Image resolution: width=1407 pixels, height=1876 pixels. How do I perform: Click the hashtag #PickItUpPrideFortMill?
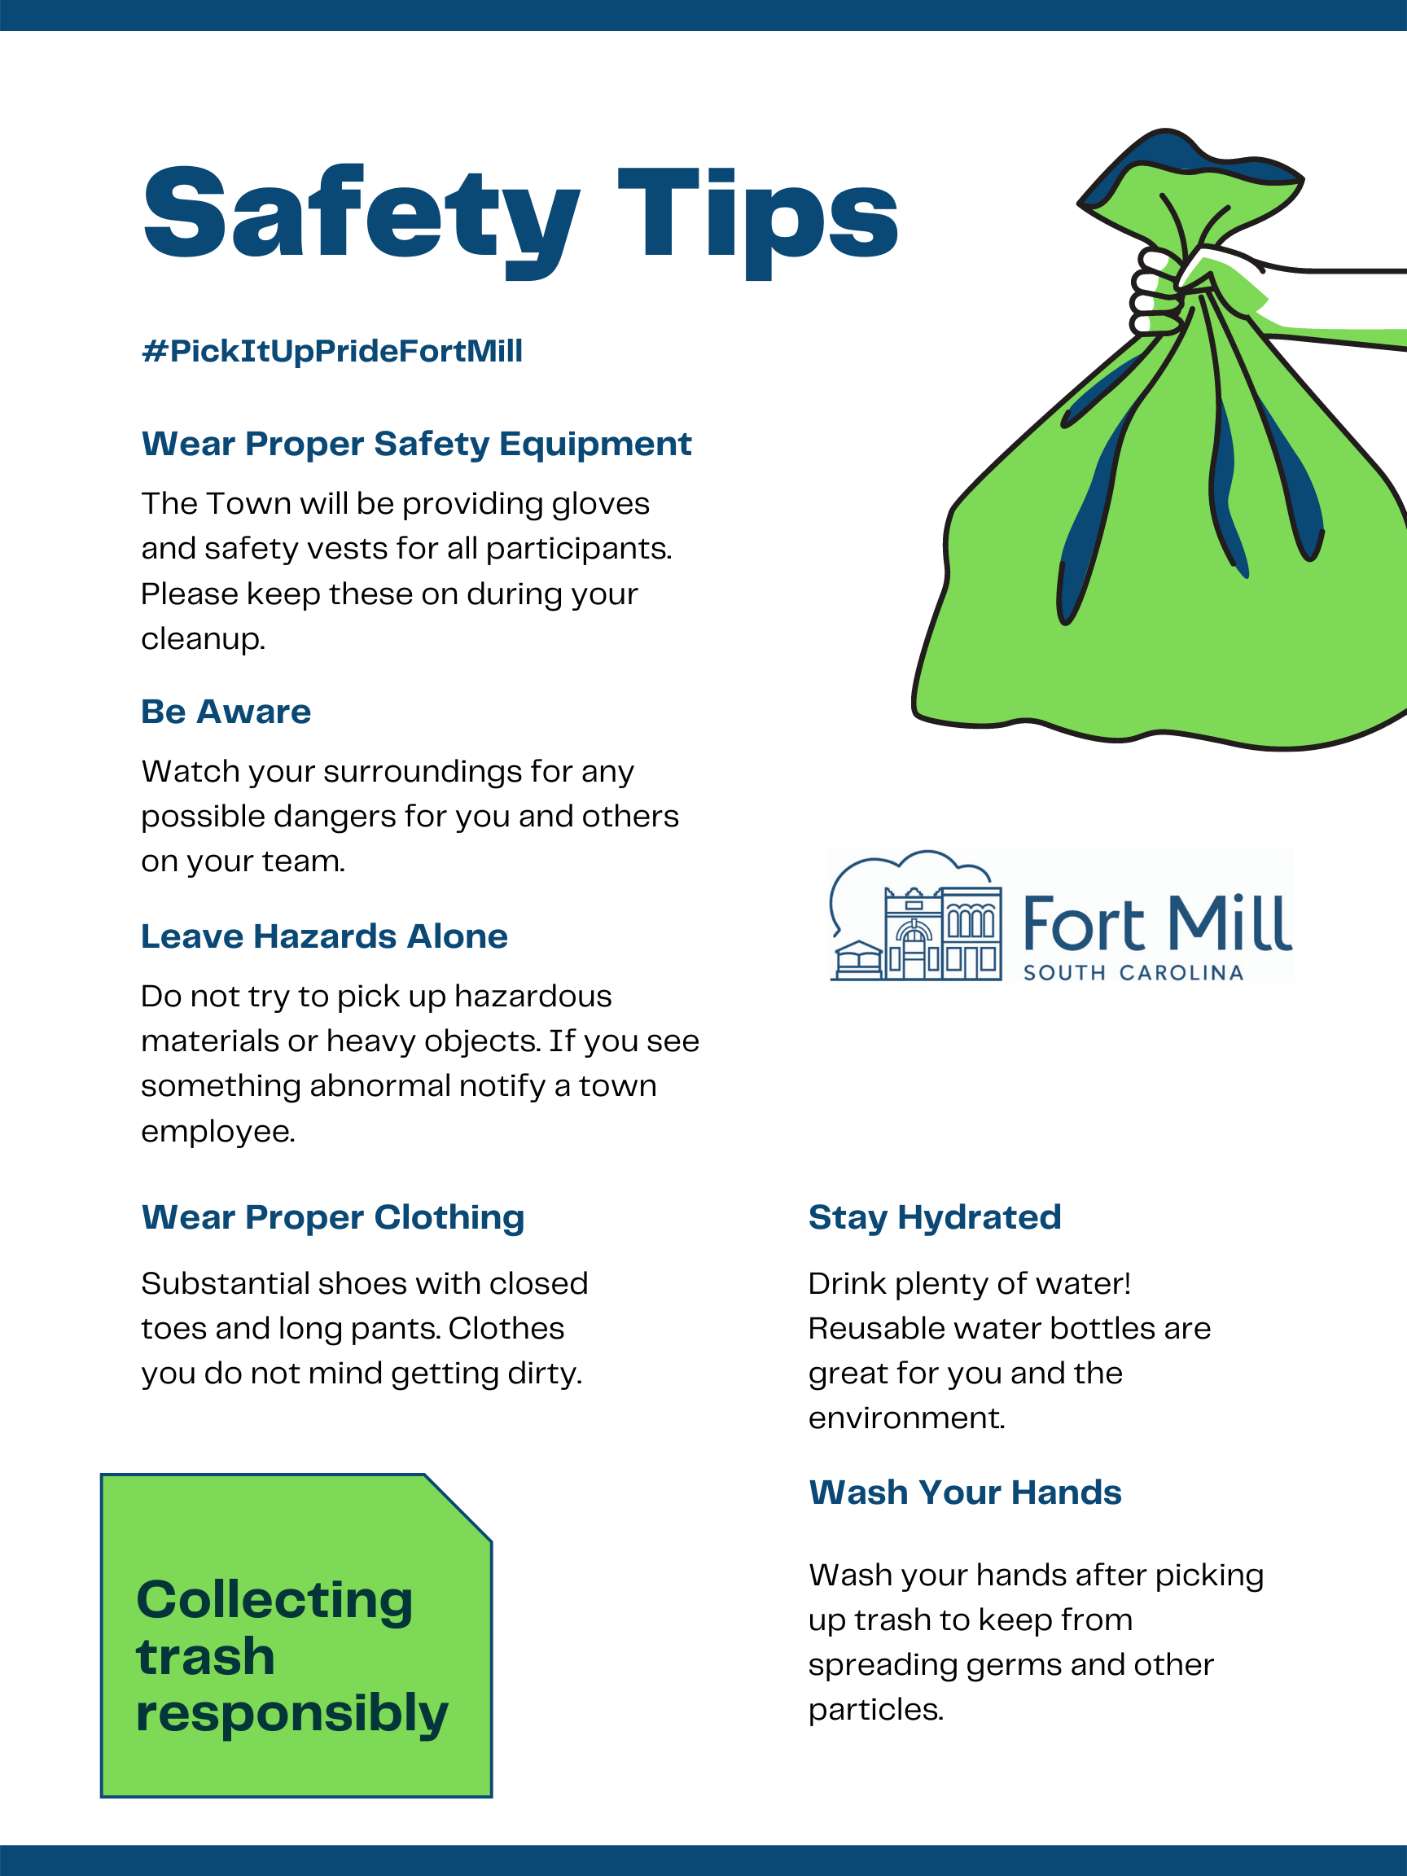click(x=331, y=350)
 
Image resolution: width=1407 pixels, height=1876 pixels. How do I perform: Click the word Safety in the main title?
click(x=361, y=213)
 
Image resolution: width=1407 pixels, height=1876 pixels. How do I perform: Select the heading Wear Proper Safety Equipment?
click(x=416, y=444)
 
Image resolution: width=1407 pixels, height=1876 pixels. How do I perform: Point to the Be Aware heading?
click(x=226, y=712)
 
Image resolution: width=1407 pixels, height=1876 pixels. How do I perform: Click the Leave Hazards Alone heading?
click(x=324, y=936)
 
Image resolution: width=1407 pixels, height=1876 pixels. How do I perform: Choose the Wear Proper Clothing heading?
click(x=332, y=1217)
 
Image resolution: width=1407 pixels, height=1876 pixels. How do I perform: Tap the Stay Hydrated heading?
click(x=935, y=1217)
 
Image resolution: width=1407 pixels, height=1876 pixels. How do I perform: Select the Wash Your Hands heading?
click(x=965, y=1492)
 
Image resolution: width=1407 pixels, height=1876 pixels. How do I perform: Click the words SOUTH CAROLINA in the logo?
click(x=1133, y=973)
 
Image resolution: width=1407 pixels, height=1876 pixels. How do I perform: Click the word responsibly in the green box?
click(x=291, y=1713)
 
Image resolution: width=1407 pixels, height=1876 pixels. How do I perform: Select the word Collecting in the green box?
click(x=274, y=1599)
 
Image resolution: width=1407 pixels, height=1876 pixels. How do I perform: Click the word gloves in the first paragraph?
click(x=600, y=504)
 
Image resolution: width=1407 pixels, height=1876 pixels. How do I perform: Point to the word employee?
click(x=218, y=1131)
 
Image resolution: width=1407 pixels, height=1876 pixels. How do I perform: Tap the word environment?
click(x=905, y=1418)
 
